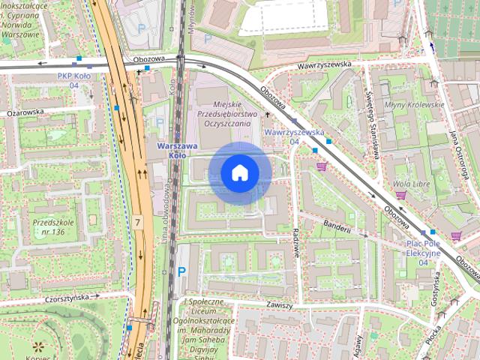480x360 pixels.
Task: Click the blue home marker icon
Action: [240, 173]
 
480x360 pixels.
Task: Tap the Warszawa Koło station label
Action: [177, 150]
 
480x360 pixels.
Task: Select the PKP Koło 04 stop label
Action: [74, 80]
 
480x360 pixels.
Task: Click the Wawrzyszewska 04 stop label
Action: [294, 136]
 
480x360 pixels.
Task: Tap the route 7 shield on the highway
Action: [138, 223]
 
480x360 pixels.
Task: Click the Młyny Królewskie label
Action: [413, 105]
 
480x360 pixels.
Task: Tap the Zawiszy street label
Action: [278, 305]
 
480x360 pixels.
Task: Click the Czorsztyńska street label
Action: [71, 297]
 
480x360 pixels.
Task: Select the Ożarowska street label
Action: [25, 112]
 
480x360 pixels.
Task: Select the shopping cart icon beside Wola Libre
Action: [400, 196]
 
